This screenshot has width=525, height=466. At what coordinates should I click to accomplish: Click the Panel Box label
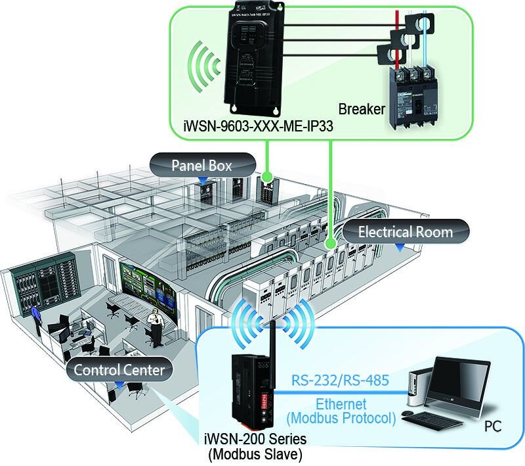201,165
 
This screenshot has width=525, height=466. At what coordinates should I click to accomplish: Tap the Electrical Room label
405,231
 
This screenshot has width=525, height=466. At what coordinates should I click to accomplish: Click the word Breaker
361,108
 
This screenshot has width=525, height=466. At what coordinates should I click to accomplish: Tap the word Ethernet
341,404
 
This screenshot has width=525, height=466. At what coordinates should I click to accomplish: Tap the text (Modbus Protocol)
341,418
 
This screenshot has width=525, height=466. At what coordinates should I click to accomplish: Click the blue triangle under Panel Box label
202,179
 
